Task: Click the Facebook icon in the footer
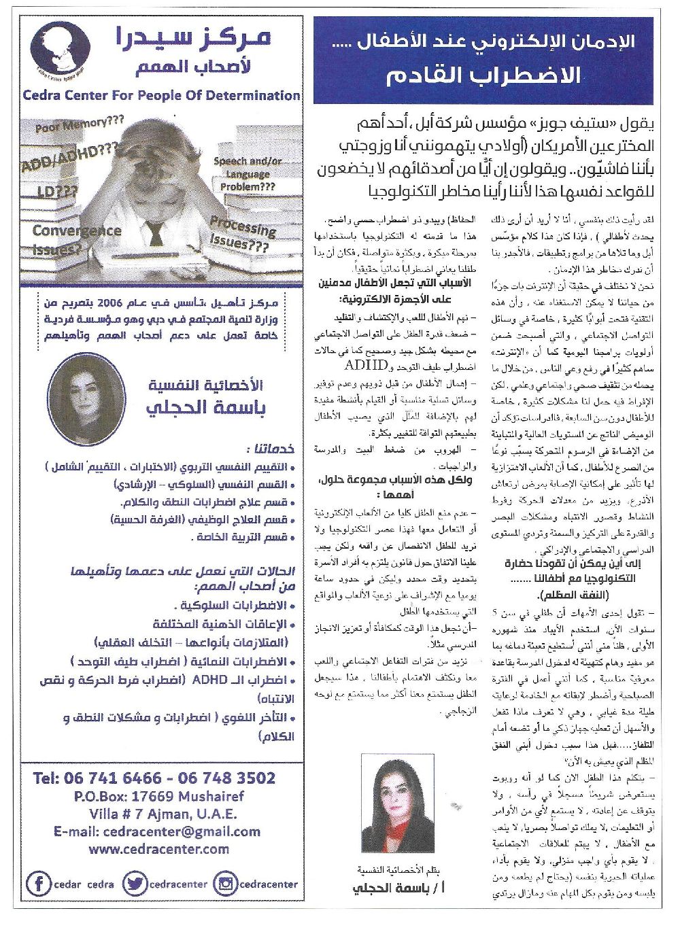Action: [38, 884]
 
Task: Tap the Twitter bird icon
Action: [135, 884]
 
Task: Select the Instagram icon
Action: [226, 884]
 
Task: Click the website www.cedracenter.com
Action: [158, 848]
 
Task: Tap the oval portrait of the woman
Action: [86, 398]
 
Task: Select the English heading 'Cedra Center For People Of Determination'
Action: [161, 95]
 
